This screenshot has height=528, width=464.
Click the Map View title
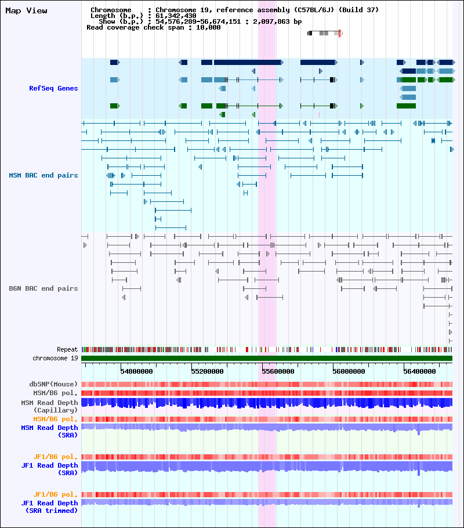tap(26, 11)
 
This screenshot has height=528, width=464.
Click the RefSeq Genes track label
tap(53, 88)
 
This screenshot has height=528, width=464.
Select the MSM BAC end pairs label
tap(43, 175)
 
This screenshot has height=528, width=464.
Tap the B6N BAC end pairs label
tap(43, 288)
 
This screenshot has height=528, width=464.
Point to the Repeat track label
tap(67, 349)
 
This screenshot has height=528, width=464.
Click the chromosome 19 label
tap(55, 358)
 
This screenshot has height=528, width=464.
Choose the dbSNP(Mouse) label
tap(53, 384)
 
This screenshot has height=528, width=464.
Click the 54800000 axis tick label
tap(136, 371)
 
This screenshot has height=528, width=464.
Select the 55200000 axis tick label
tap(207, 371)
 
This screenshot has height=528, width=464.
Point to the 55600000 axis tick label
tap(278, 371)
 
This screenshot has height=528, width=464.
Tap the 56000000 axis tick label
tap(349, 371)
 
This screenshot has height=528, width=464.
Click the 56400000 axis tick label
tap(419, 371)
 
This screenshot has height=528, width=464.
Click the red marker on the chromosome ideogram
tap(339, 33)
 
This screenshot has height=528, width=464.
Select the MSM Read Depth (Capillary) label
tap(49, 406)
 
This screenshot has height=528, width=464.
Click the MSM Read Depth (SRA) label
tap(49, 431)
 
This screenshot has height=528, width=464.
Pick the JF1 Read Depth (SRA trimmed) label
tap(49, 507)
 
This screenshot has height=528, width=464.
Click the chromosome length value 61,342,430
tap(176, 16)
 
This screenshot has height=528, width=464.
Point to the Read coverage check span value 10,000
tap(208, 27)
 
